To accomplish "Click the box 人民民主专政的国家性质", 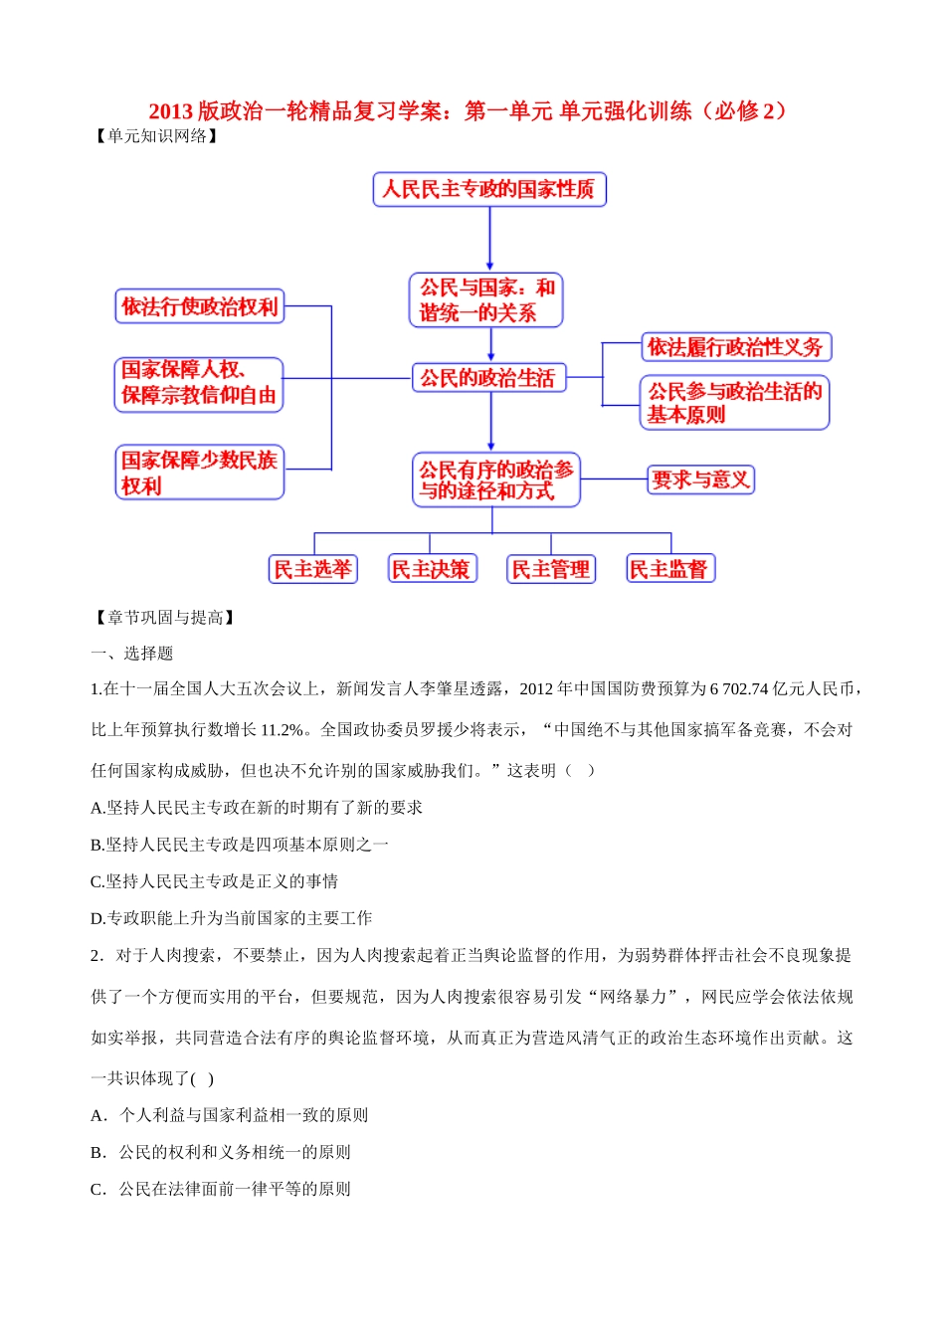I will (x=489, y=189).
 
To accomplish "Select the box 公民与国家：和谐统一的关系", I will (x=486, y=300).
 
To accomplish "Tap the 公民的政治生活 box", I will (x=487, y=378).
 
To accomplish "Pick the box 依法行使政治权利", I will (x=199, y=306).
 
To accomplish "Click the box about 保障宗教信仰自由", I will (x=199, y=384).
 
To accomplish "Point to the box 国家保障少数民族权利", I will (x=199, y=473).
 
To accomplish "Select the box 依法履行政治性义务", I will (x=735, y=347).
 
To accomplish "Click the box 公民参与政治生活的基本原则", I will (x=734, y=403).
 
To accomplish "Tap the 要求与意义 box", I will (x=700, y=479).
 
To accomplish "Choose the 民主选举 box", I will (x=312, y=569).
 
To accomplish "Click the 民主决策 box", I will (x=431, y=569).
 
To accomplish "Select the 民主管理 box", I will (x=550, y=569).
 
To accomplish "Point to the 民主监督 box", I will (x=669, y=569).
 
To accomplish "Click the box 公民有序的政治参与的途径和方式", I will (x=495, y=480).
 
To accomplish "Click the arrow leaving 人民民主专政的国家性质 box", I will (x=489, y=239).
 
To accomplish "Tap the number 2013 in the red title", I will (x=170, y=111).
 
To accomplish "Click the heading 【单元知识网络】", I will (x=156, y=136).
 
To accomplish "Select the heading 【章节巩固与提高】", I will (x=165, y=618).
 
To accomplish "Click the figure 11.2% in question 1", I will (x=282, y=730).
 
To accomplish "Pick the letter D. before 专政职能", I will (x=97, y=918).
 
